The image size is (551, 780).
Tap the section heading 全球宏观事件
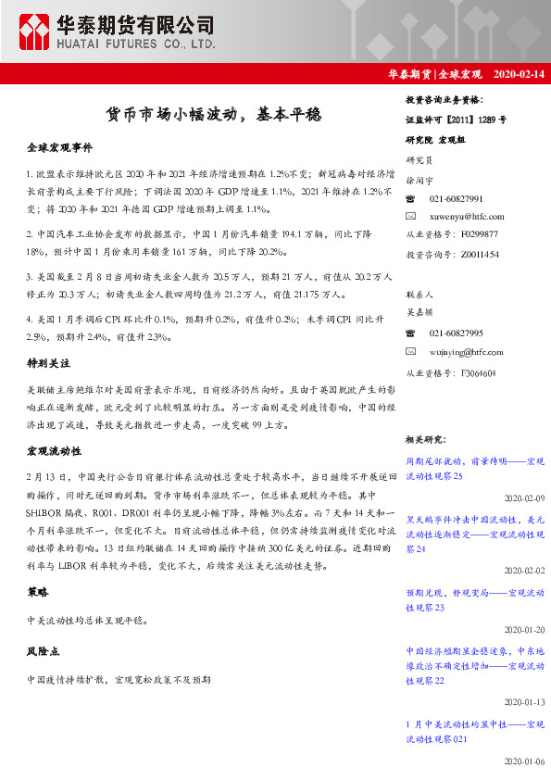coord(59,147)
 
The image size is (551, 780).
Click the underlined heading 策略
coord(37,591)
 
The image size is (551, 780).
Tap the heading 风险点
coord(43,651)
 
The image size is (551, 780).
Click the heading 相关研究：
coord(427,439)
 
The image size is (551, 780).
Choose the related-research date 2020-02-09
coord(524,497)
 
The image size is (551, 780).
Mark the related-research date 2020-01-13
coord(524,701)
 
